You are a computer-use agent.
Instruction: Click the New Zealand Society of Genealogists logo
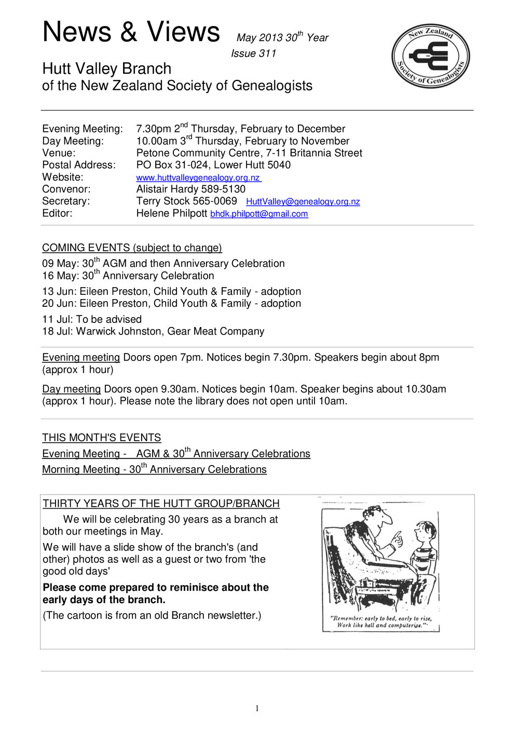[430, 56]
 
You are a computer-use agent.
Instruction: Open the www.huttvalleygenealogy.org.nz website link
[198, 178]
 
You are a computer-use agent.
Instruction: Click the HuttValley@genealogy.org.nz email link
[303, 201]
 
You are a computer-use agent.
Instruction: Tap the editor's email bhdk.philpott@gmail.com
[258, 214]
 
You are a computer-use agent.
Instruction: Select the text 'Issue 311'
[253, 53]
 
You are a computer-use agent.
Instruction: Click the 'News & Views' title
[131, 32]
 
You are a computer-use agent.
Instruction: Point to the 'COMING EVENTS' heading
[86, 248]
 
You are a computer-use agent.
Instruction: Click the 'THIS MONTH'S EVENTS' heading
[101, 438]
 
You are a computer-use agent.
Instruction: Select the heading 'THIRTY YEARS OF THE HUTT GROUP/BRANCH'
[161, 504]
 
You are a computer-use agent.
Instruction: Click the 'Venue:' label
[59, 153]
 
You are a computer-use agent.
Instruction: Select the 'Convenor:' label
[66, 189]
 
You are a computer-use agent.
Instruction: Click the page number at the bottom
[257, 709]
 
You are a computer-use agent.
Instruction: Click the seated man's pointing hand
[396, 540]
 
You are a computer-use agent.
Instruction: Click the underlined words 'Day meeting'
[71, 389]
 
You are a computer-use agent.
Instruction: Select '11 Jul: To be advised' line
[92, 319]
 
